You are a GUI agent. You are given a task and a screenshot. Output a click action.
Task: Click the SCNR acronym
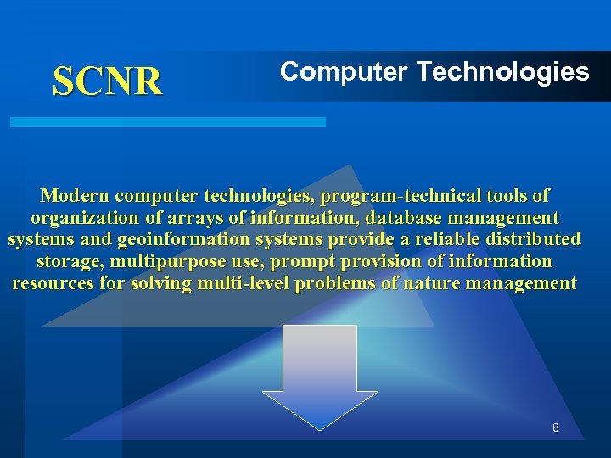tap(107, 81)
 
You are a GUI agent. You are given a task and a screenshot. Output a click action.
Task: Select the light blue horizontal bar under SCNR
tap(167, 122)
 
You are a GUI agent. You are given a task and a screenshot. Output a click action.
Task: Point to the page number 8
tap(556, 428)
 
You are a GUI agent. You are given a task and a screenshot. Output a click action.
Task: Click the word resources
tap(53, 283)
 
